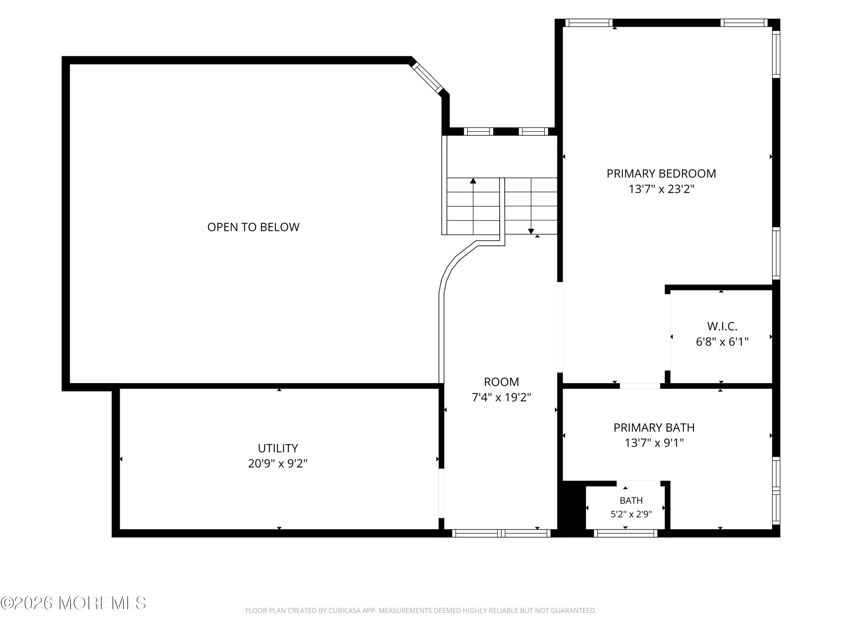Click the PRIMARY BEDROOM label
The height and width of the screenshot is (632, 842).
[661, 174]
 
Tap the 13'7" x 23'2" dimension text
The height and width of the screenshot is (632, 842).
[661, 189]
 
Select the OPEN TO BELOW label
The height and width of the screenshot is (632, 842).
[253, 227]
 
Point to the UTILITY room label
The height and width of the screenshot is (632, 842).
[278, 448]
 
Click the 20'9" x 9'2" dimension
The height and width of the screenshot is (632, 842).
[278, 463]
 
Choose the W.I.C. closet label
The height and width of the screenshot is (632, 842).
[722, 327]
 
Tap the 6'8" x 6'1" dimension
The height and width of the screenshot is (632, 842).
[722, 342]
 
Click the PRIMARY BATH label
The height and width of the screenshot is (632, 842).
[654, 428]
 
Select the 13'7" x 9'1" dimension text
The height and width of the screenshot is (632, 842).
[654, 443]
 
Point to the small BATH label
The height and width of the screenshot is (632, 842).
[631, 501]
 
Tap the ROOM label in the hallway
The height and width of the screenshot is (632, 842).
[501, 382]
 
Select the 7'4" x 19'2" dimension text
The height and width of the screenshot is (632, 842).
[501, 398]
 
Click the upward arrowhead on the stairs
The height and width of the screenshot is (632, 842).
[473, 181]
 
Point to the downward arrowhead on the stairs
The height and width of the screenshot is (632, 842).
[531, 231]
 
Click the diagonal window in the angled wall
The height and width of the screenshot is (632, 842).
[426, 78]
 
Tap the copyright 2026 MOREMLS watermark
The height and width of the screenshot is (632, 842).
[73, 603]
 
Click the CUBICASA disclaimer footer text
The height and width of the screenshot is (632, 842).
[421, 611]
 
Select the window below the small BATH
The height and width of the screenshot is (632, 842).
[625, 533]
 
